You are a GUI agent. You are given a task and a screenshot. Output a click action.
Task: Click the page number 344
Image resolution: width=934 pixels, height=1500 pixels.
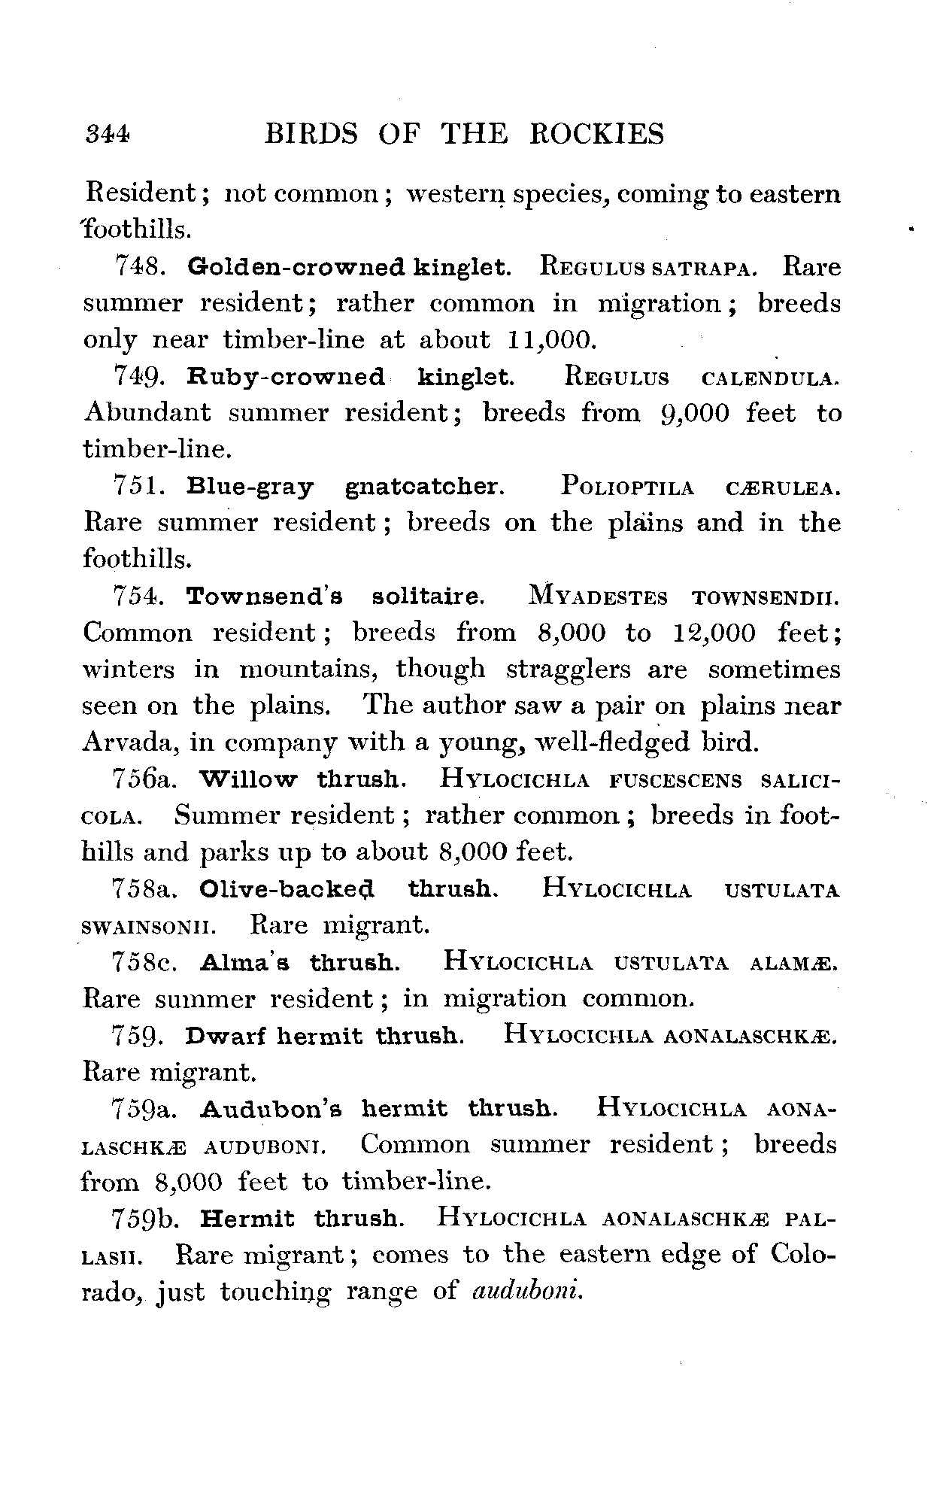[x=108, y=135]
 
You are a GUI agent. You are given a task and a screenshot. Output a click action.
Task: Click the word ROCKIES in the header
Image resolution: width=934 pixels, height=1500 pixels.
[x=598, y=135]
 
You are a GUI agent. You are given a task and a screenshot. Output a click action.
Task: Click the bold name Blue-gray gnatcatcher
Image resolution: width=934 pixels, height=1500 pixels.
[x=344, y=487]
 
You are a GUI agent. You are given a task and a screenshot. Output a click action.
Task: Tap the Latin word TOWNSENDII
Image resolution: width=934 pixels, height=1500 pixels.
[x=764, y=597]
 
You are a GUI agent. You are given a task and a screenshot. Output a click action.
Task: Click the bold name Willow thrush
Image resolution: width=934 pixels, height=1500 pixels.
[x=304, y=779]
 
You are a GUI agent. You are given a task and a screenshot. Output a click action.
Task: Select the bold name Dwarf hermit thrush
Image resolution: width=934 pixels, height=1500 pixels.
[x=324, y=1036]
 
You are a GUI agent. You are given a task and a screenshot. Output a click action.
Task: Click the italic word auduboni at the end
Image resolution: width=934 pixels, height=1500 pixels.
[x=526, y=1292]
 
